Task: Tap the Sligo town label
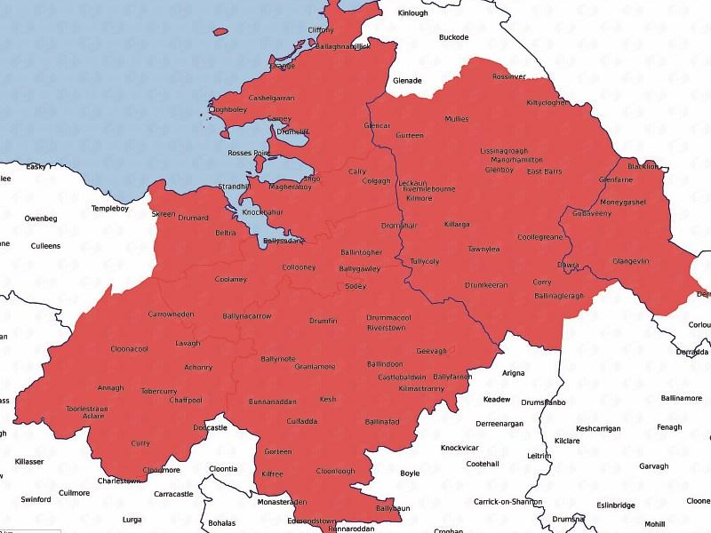[x=312, y=179]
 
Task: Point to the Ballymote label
[x=277, y=358]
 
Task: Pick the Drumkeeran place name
[x=486, y=285]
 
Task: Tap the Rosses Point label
[x=248, y=154]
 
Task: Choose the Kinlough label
[x=412, y=13]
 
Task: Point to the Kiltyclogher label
[x=547, y=103]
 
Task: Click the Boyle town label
[x=410, y=473]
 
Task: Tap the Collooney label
[x=299, y=267]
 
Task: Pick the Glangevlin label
[x=631, y=261]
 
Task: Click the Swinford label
[x=36, y=499]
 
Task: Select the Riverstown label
[x=386, y=328]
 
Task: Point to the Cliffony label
[x=321, y=30]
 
